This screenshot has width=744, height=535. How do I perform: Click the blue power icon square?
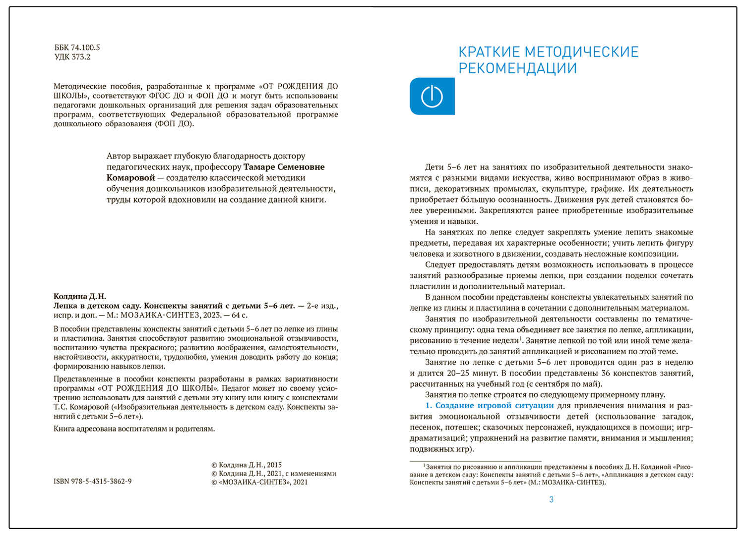point(432,96)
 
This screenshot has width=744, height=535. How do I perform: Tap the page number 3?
point(551,499)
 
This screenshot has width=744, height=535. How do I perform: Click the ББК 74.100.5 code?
point(77,48)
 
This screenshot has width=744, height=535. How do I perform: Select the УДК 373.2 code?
point(72,57)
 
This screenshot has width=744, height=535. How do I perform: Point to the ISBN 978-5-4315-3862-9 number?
point(93,481)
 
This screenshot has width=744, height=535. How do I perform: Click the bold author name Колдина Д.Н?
point(80,296)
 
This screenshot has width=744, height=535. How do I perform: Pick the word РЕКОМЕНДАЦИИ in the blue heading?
point(517,68)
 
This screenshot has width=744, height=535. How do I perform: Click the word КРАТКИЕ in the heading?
point(489,52)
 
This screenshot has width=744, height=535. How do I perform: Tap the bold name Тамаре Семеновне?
point(284,167)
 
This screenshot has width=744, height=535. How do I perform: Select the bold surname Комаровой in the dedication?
point(130,178)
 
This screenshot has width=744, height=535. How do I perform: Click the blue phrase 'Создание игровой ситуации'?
point(494,405)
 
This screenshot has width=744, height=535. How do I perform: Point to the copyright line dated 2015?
point(247,465)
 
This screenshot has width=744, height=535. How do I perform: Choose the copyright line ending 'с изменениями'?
point(274,474)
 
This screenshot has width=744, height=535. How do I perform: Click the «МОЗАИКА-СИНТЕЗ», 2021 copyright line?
point(259,482)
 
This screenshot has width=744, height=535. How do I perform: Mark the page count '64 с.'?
point(239,315)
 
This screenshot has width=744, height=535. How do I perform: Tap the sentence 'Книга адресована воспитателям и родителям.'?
point(134,428)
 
